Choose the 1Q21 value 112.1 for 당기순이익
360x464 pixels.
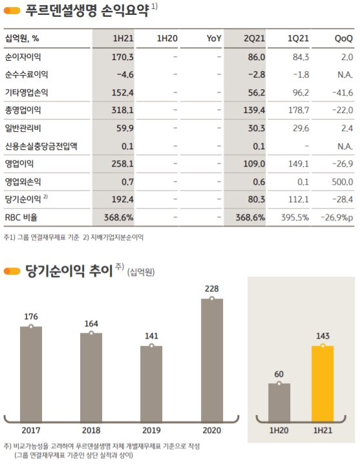[297, 199]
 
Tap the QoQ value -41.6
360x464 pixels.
[341, 93]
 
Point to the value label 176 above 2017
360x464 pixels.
[30, 316]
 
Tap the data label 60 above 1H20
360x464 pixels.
[279, 373]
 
